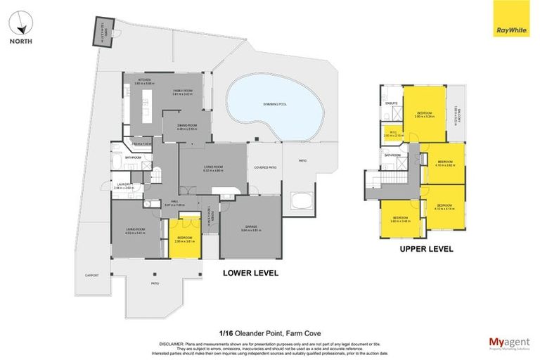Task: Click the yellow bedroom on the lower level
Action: [186, 238]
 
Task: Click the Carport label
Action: [91, 275]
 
